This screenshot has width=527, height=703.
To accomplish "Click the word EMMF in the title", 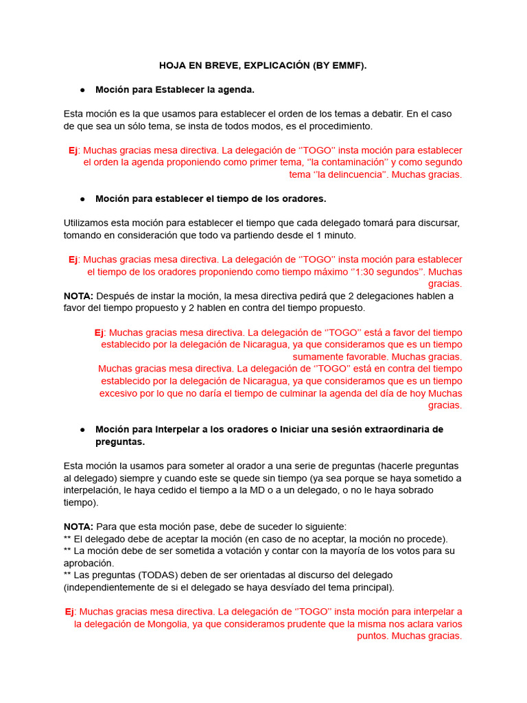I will (347, 66).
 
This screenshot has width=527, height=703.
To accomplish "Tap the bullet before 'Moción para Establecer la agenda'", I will (82, 90).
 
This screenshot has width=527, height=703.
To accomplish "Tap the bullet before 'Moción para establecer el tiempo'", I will (82, 198).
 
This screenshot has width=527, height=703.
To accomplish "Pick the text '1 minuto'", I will (336, 235).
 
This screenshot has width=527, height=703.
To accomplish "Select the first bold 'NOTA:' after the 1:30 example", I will (78, 296).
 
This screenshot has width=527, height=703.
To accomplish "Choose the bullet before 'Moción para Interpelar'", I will (82, 429).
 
